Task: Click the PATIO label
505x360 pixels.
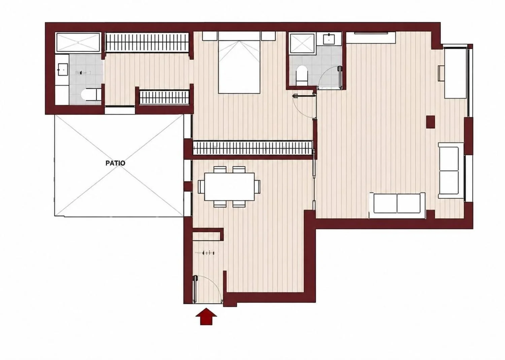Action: click(115, 163)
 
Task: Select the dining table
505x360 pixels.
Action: click(230, 187)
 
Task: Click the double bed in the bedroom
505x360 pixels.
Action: click(239, 63)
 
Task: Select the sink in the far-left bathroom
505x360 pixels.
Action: click(63, 69)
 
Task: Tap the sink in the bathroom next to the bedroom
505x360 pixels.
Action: click(329, 39)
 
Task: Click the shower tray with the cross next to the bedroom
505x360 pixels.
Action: click(302, 44)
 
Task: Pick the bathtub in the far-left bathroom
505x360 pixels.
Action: click(78, 42)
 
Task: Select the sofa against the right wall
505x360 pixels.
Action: click(451, 170)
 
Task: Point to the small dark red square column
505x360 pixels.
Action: click(431, 122)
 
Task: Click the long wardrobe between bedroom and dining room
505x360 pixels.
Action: click(253, 148)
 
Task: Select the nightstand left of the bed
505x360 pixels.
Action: click(210, 36)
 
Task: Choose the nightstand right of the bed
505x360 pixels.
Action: click(268, 36)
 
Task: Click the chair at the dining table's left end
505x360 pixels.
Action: click(201, 187)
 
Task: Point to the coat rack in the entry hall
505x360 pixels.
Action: click(207, 253)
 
